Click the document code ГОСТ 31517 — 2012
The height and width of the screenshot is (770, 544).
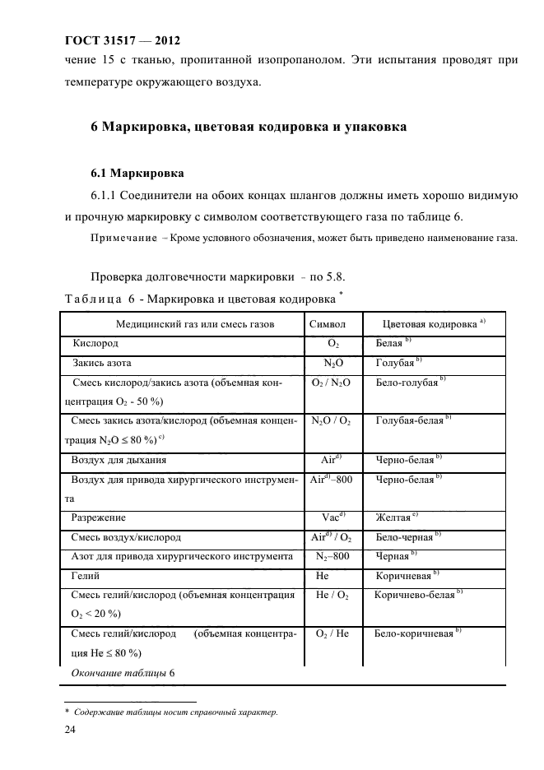pyautogui.click(x=121, y=40)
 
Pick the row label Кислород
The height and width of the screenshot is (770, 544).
pyautogui.click(x=95, y=343)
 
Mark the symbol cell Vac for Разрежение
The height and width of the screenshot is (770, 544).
pyautogui.click(x=332, y=518)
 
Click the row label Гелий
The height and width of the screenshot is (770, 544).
pyautogui.click(x=86, y=577)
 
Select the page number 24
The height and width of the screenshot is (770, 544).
pyautogui.click(x=71, y=727)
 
